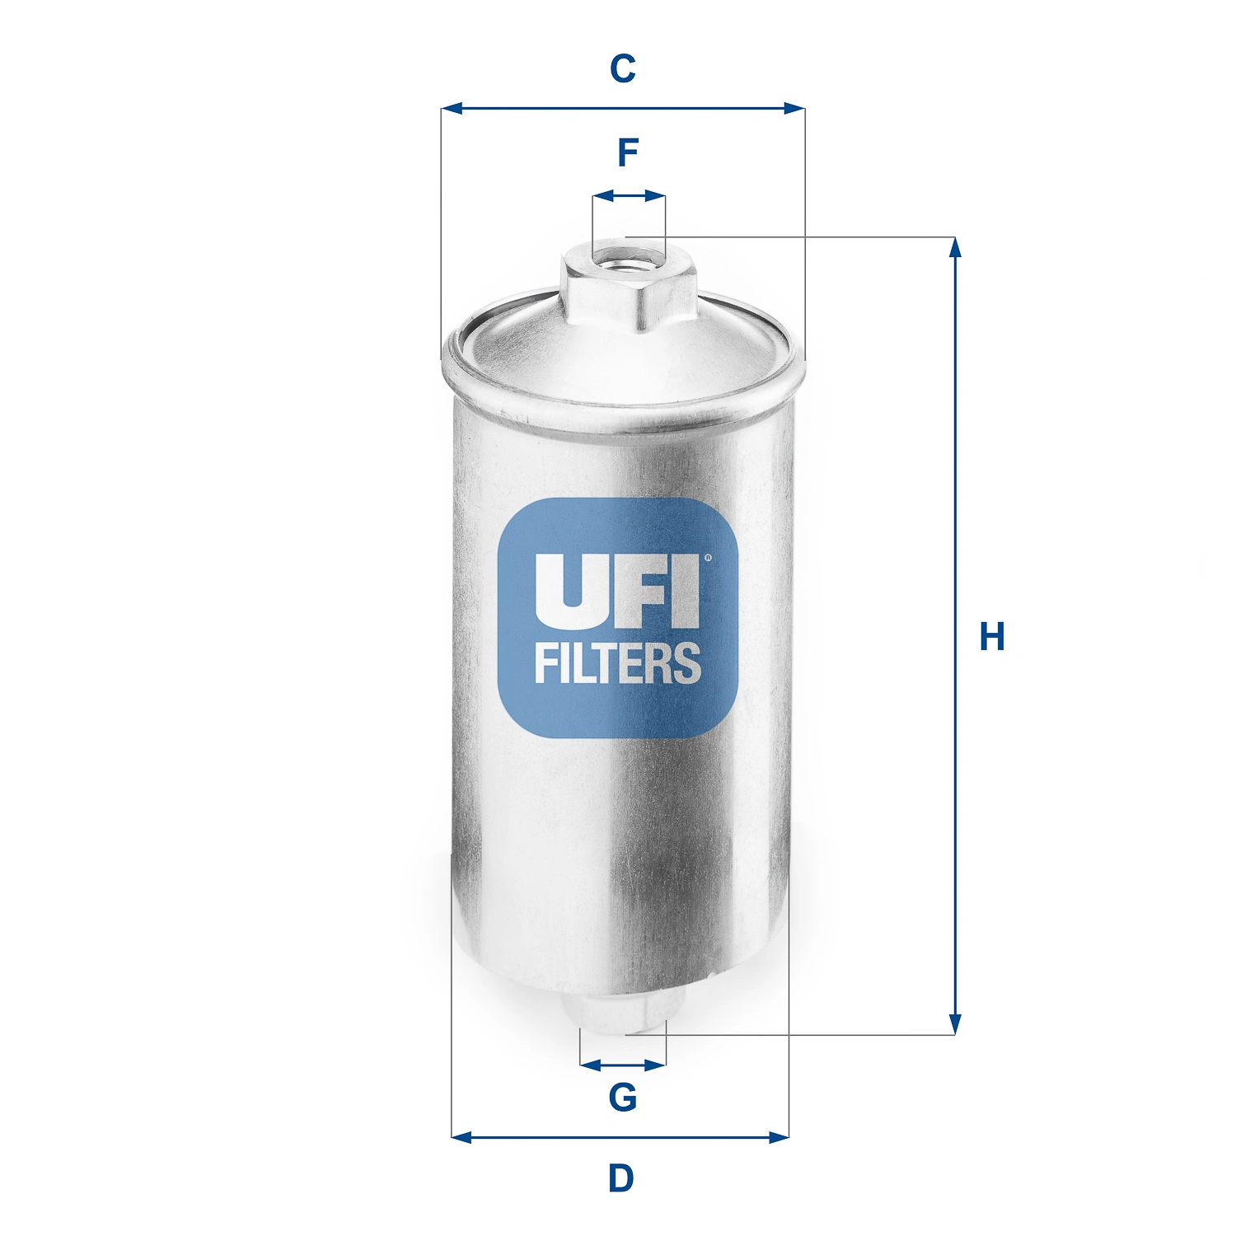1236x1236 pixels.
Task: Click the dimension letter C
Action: pyautogui.click(x=623, y=69)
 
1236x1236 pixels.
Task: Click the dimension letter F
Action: pyautogui.click(x=628, y=153)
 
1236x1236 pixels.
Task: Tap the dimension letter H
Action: pyautogui.click(x=992, y=637)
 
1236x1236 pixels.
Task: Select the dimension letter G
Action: pyautogui.click(x=623, y=1097)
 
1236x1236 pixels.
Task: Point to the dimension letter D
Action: pyautogui.click(x=621, y=1178)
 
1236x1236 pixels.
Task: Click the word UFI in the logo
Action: pyautogui.click(x=616, y=589)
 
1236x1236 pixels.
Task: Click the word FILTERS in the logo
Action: pyautogui.click(x=618, y=663)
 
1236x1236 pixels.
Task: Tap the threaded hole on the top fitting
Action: pyautogui.click(x=613, y=263)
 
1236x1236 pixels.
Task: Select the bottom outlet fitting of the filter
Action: pyautogui.click(x=624, y=1013)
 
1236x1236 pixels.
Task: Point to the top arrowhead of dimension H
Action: pyautogui.click(x=955, y=247)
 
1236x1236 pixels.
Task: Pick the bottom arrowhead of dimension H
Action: pyautogui.click(x=955, y=1024)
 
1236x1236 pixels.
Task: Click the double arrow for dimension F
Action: pyautogui.click(x=629, y=196)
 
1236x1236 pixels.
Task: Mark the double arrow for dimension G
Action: pyautogui.click(x=623, y=1065)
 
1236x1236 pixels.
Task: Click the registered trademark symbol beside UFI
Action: pyautogui.click(x=708, y=558)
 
